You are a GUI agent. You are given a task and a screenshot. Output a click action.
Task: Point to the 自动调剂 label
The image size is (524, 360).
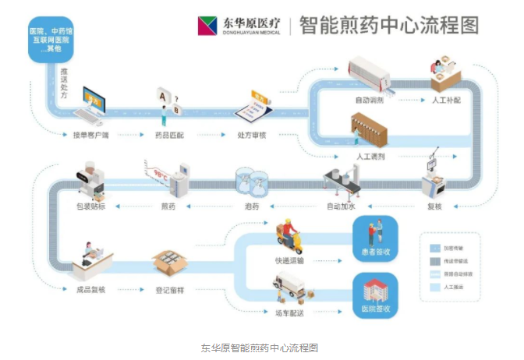coord(370,101)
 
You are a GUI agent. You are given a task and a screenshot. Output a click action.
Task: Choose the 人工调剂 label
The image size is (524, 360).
coord(370,157)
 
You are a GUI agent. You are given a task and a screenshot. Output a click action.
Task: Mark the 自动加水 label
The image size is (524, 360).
coord(341,206)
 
